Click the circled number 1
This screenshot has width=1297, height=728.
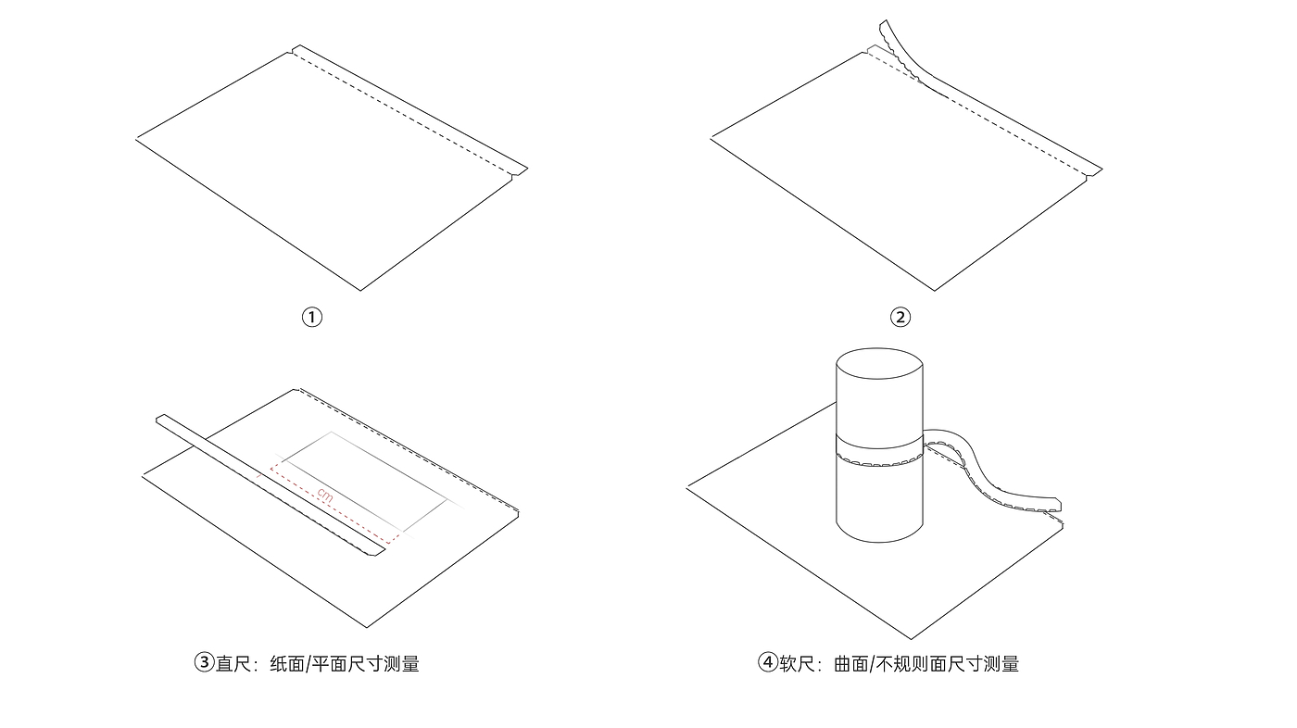click(312, 317)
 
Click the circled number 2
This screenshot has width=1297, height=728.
click(900, 317)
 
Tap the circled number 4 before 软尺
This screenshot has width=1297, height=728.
click(767, 663)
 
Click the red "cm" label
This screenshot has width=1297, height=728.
click(323, 496)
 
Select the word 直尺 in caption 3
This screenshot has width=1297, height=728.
click(234, 663)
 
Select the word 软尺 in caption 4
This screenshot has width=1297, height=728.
click(797, 663)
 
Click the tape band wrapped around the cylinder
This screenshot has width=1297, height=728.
click(879, 453)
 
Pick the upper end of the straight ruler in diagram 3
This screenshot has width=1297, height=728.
click(163, 420)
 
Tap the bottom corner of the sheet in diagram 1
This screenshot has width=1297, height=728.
click(360, 290)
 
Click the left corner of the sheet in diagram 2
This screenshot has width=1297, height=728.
click(712, 138)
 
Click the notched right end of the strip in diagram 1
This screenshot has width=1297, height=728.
click(519, 169)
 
